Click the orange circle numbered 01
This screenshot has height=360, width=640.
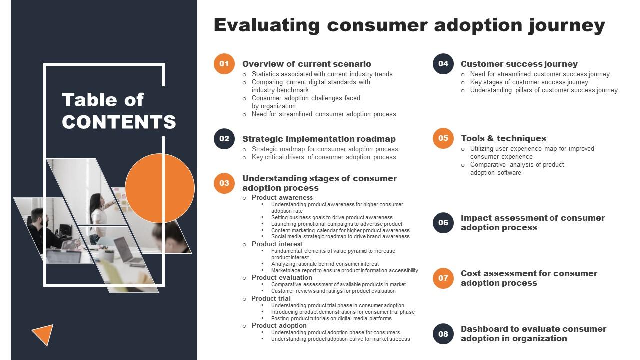point(224,64)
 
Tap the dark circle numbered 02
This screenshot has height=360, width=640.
point(224,139)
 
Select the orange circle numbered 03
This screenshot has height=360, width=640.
point(224,183)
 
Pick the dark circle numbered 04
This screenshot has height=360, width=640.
point(443,64)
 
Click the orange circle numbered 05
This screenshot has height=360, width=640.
point(443,138)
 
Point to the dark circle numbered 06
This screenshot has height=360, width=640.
point(443,223)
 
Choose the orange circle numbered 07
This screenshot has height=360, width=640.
point(443,278)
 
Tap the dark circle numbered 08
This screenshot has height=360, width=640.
point(443,334)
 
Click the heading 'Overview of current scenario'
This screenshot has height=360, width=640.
point(306,64)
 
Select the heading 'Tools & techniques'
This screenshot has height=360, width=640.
point(503,138)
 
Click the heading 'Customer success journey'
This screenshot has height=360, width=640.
point(519,64)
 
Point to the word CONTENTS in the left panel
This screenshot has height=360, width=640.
point(119,122)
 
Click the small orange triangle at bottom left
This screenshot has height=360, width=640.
point(44,334)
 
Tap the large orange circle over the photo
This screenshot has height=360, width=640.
point(160,188)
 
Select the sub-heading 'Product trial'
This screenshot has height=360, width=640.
point(271,298)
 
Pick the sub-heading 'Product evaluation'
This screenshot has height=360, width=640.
point(282,277)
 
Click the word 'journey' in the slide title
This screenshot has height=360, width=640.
point(567,25)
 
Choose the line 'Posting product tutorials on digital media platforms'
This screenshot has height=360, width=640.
point(331,318)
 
